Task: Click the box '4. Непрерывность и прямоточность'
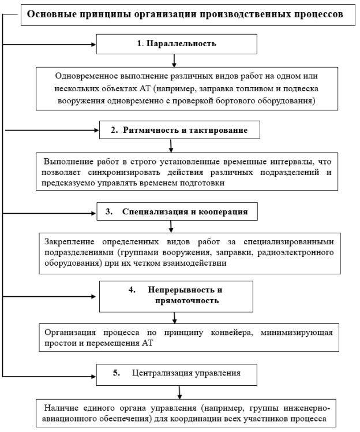176,296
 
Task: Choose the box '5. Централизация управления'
176,373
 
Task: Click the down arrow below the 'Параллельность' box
174,60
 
